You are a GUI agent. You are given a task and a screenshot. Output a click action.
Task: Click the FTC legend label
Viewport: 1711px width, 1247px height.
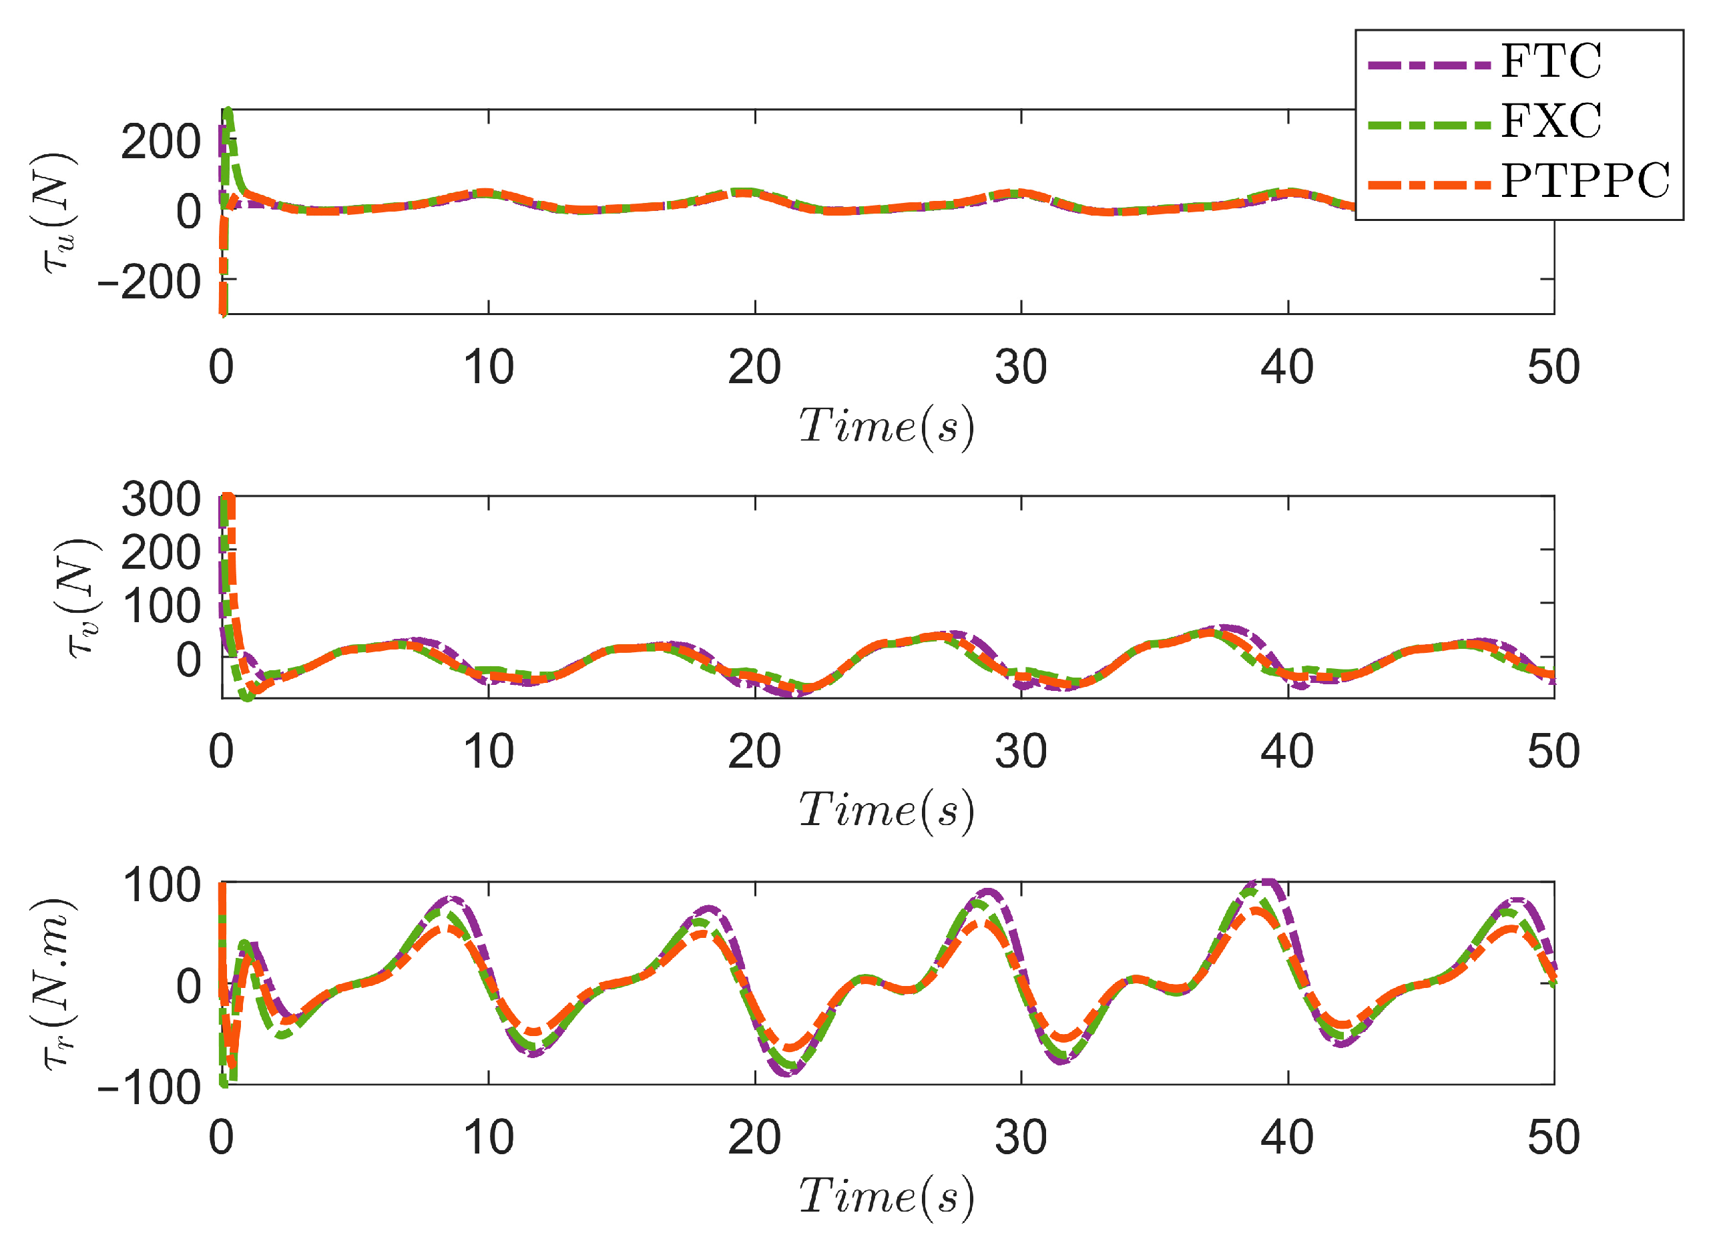click(x=1550, y=62)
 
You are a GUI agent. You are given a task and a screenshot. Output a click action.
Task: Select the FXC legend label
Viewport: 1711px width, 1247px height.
click(x=1550, y=121)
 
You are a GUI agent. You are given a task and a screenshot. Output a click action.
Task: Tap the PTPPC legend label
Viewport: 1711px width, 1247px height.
click(x=1585, y=182)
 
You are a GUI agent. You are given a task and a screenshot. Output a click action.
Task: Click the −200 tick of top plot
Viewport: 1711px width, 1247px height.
click(x=150, y=283)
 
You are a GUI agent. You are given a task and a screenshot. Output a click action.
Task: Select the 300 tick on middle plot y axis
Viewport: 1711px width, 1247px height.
click(x=161, y=500)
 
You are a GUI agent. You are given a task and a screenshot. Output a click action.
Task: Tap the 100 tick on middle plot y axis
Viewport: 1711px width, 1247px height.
click(x=161, y=607)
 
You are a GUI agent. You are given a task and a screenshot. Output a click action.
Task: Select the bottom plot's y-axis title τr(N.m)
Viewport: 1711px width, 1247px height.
click(x=58, y=983)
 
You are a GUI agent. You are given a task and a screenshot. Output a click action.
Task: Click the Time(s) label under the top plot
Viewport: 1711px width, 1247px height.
click(x=886, y=427)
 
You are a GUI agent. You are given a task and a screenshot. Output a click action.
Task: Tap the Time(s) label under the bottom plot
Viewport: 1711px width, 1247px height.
click(x=886, y=1197)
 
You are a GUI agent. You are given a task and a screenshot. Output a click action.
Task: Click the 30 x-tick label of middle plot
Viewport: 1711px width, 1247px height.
click(x=1021, y=752)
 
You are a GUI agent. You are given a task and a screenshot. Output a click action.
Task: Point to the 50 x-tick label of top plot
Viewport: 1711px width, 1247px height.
click(x=1553, y=368)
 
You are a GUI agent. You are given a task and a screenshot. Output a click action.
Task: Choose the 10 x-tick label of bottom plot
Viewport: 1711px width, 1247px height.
click(x=488, y=1138)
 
